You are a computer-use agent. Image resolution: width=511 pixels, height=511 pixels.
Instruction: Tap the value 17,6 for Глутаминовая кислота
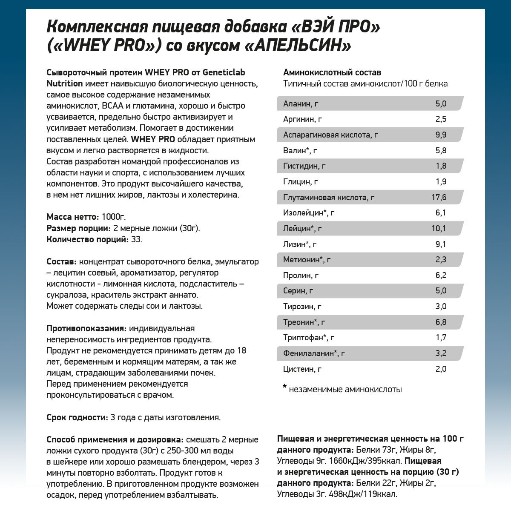(439, 197)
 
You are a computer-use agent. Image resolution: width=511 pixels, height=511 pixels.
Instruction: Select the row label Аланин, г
(301, 104)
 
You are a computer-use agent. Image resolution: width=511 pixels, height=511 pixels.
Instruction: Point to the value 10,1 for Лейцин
(439, 229)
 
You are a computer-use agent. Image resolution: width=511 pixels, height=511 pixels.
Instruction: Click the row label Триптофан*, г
(308, 338)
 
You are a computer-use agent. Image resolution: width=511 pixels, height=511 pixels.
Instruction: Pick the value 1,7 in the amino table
(441, 338)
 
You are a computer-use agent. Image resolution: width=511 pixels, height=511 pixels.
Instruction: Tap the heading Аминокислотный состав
(332, 72)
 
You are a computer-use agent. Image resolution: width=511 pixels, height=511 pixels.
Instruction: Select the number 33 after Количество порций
(136, 239)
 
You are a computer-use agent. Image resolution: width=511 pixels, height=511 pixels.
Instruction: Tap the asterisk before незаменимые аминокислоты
(284, 388)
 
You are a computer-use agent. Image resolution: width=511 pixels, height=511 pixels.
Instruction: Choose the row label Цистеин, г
(302, 369)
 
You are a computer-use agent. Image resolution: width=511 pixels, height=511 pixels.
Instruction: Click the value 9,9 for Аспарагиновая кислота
(441, 135)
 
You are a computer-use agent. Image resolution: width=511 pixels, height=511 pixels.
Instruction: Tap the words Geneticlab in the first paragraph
(221, 72)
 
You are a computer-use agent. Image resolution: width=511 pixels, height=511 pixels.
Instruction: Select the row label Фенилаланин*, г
(314, 353)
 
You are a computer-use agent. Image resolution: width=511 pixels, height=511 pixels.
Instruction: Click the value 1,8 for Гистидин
(441, 166)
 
